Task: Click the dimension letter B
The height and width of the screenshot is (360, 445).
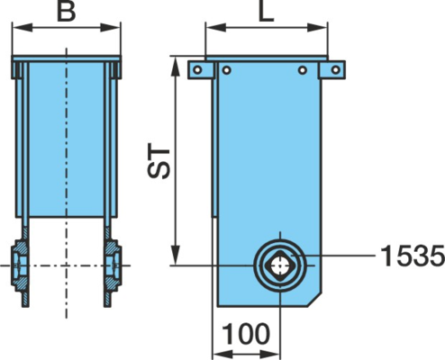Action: click(x=66, y=12)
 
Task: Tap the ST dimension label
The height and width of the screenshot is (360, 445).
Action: click(x=159, y=164)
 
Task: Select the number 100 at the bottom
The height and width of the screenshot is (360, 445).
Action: click(x=246, y=334)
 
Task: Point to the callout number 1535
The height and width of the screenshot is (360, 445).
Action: click(x=413, y=256)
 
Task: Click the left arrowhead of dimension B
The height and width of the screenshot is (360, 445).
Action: click(x=23, y=28)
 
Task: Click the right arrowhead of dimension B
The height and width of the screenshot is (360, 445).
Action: click(x=110, y=28)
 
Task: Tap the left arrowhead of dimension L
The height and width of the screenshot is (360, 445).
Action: click(x=216, y=28)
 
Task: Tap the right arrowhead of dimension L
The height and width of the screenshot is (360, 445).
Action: click(x=317, y=28)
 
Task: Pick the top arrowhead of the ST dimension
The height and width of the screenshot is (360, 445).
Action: click(x=176, y=67)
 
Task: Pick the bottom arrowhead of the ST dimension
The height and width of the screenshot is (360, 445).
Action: click(x=176, y=255)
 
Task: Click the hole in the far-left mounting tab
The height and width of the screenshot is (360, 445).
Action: click(x=197, y=70)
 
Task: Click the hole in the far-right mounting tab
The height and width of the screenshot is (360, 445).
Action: click(x=336, y=70)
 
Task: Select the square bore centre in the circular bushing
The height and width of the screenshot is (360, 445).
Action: click(x=280, y=265)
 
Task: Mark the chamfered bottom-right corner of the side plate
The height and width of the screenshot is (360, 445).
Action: click(x=314, y=299)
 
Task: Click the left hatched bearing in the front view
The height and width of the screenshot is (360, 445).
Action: click(x=21, y=265)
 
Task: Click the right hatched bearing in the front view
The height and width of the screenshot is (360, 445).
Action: click(x=113, y=265)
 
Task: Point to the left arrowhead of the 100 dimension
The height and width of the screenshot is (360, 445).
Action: click(x=222, y=353)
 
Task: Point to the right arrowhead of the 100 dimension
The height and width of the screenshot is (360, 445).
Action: click(x=269, y=353)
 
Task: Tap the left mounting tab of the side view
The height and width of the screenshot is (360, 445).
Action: click(x=201, y=70)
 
